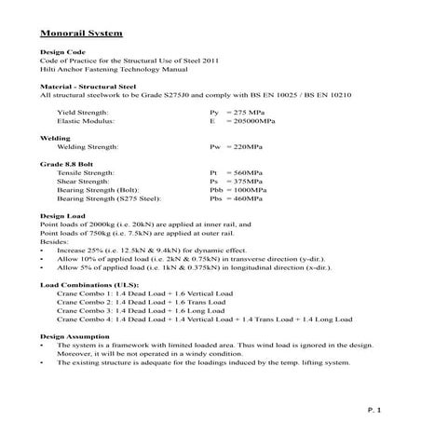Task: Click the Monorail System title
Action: pos(81,34)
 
